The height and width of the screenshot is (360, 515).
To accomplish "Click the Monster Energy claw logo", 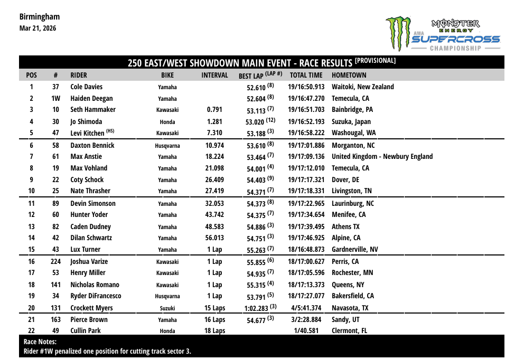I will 398,33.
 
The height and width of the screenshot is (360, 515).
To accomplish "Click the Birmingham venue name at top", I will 40,17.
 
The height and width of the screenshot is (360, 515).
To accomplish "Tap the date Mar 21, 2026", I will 38,28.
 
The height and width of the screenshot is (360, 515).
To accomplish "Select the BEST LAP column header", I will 260,75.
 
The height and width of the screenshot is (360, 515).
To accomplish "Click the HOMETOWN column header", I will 349,75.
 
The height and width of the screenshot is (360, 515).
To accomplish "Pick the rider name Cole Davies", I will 87,87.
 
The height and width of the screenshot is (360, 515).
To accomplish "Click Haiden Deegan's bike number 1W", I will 55,99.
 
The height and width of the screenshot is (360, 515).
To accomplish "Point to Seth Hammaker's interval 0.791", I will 214,110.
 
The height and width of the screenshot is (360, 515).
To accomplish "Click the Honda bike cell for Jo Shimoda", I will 167,122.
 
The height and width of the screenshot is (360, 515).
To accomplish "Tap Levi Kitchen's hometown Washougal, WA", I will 354,133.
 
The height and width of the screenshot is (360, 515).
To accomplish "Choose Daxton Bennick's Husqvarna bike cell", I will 167,146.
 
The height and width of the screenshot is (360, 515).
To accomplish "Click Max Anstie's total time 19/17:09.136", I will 306,157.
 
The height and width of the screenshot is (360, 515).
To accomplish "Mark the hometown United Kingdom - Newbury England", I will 382,157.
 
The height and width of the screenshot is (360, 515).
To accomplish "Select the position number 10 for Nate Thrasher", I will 32,191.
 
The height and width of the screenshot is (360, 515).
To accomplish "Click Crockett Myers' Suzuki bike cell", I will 167,308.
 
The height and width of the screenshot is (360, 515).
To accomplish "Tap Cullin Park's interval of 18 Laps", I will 214,331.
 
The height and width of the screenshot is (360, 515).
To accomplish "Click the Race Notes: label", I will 40,342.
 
